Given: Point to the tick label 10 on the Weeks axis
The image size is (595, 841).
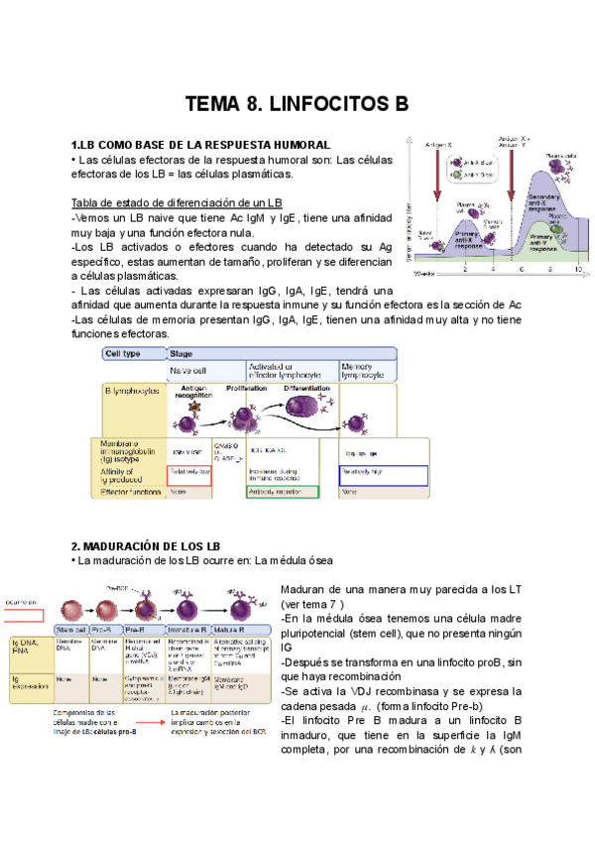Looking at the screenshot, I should [578, 269].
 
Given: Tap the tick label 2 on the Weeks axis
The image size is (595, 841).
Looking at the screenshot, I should [465, 269].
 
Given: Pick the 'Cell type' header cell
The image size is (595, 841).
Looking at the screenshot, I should [127, 353].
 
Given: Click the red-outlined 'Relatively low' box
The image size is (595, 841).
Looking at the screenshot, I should [190, 472].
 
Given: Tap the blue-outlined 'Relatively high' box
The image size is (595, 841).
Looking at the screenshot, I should [382, 472].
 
